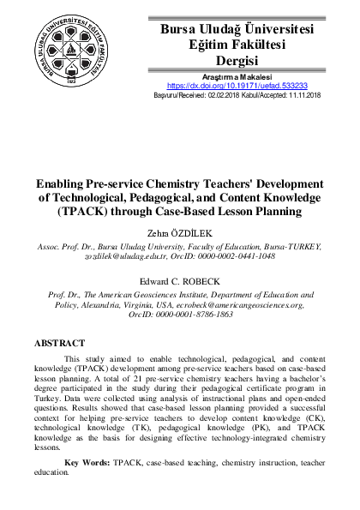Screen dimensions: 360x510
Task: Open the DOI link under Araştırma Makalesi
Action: coord(237,87)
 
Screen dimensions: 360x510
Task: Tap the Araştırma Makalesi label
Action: coord(237,77)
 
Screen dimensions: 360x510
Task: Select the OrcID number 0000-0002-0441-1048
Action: coord(231,255)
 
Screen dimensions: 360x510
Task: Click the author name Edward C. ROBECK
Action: coord(179,280)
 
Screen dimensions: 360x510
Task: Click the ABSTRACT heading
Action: coord(59,343)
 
